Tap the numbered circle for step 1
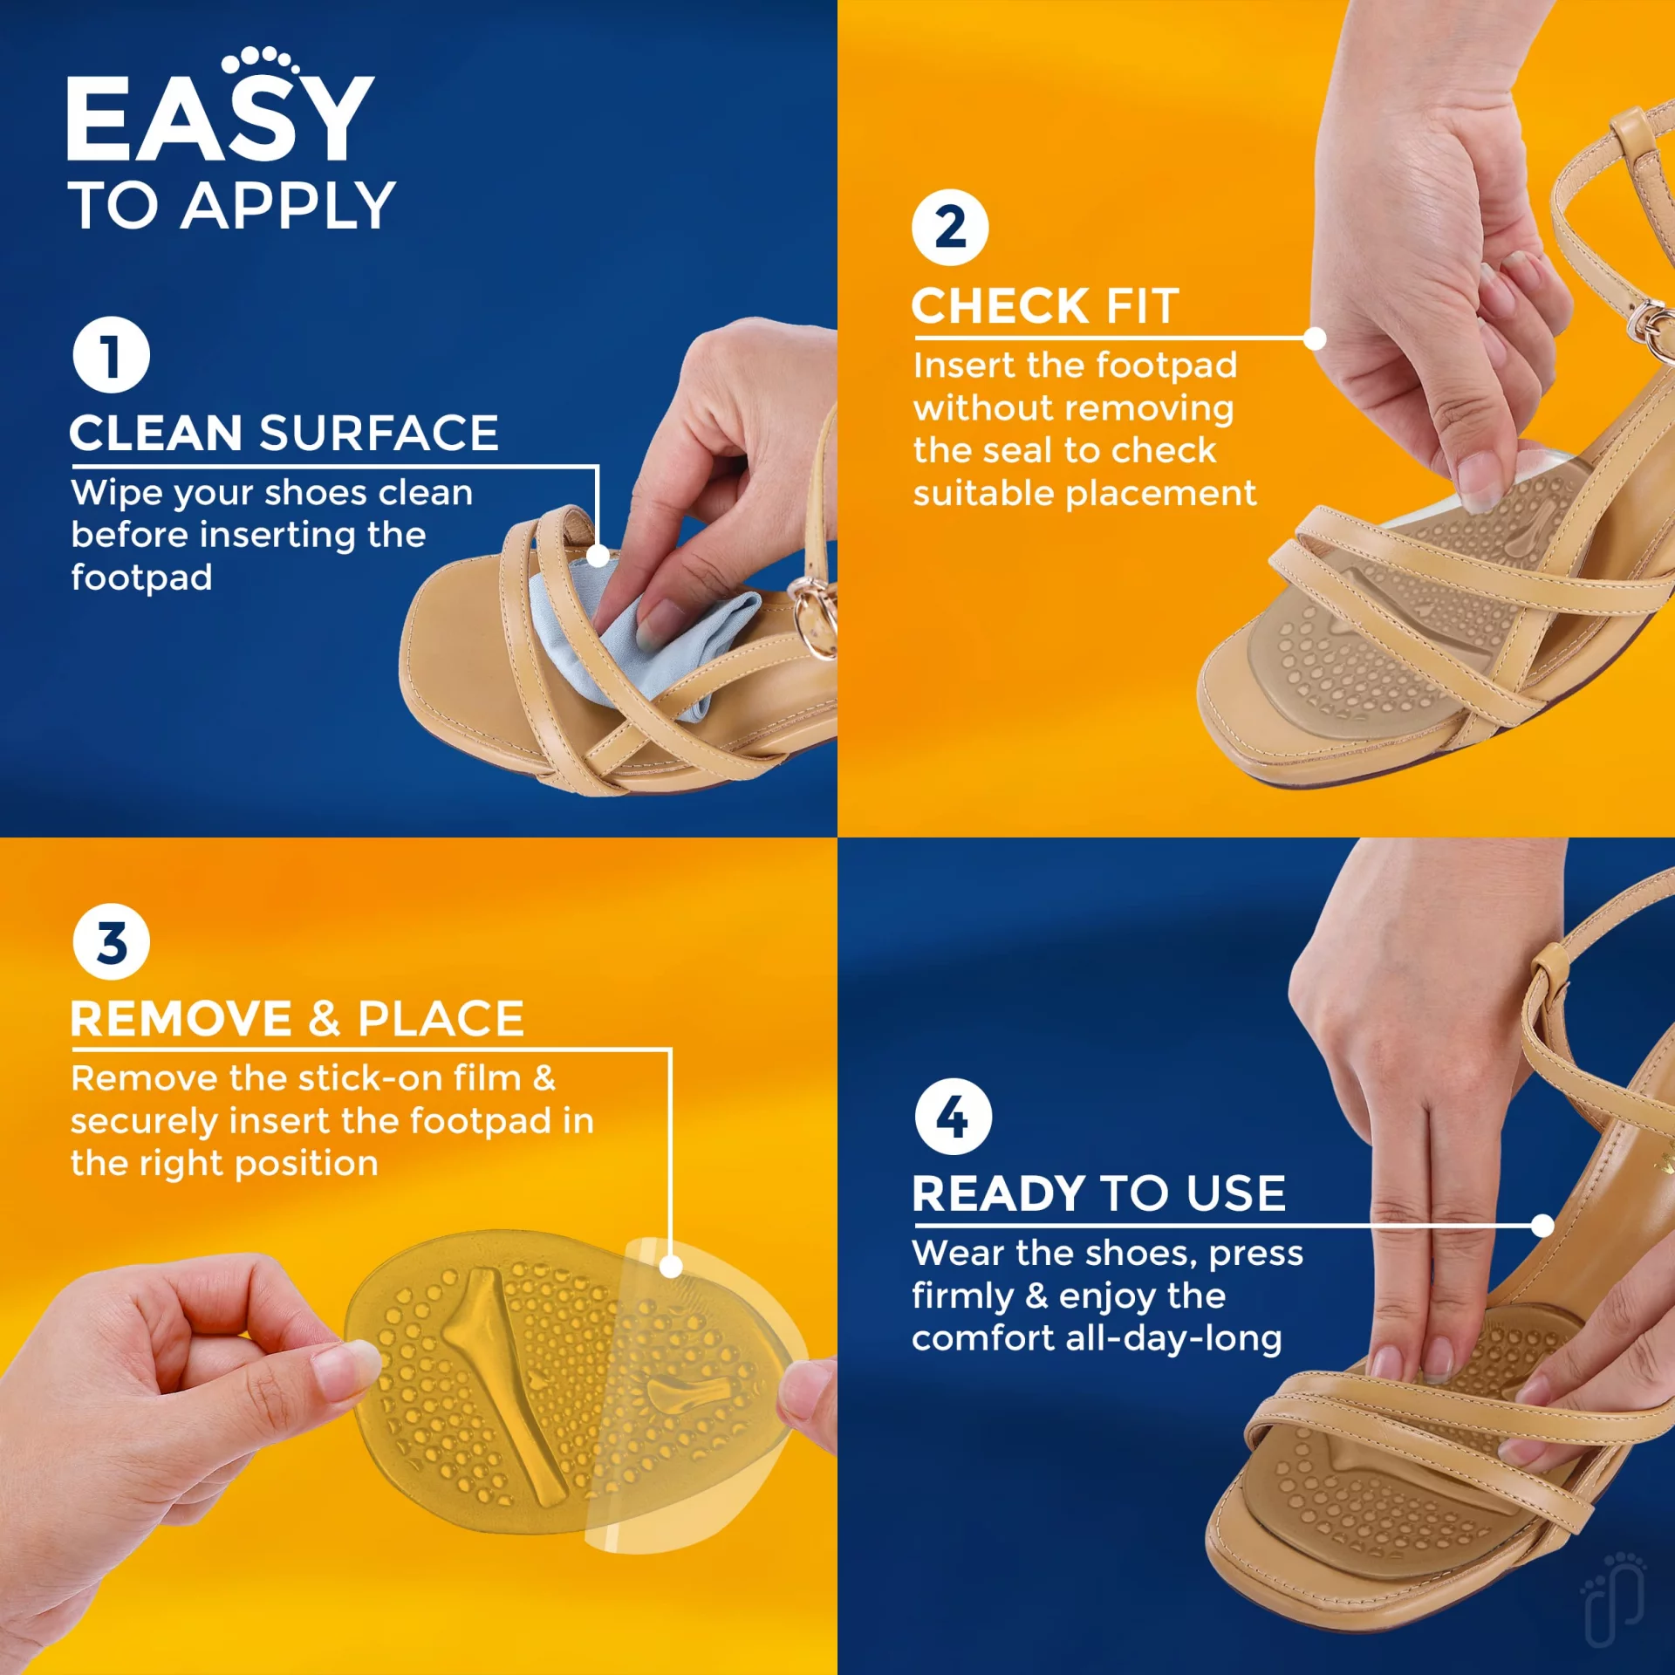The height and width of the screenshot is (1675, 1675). tap(111, 355)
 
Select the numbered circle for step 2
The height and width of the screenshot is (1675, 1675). tap(950, 228)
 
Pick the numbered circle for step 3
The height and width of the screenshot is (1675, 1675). tap(111, 942)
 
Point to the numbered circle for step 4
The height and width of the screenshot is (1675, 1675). tap(953, 1117)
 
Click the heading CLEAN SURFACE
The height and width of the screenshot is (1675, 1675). tap(284, 433)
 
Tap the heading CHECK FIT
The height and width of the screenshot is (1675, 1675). tap(1045, 306)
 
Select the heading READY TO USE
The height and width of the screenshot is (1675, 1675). tap(1099, 1193)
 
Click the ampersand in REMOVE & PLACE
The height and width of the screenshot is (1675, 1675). tap(325, 1019)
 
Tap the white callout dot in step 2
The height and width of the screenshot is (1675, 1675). tap(1315, 338)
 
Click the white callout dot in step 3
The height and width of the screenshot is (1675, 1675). tap(671, 1267)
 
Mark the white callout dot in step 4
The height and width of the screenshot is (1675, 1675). tap(1542, 1226)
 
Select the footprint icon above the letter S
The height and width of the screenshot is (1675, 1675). tap(260, 60)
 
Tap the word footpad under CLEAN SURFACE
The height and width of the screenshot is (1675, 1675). tap(141, 578)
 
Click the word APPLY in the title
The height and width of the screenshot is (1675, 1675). tap(288, 206)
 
